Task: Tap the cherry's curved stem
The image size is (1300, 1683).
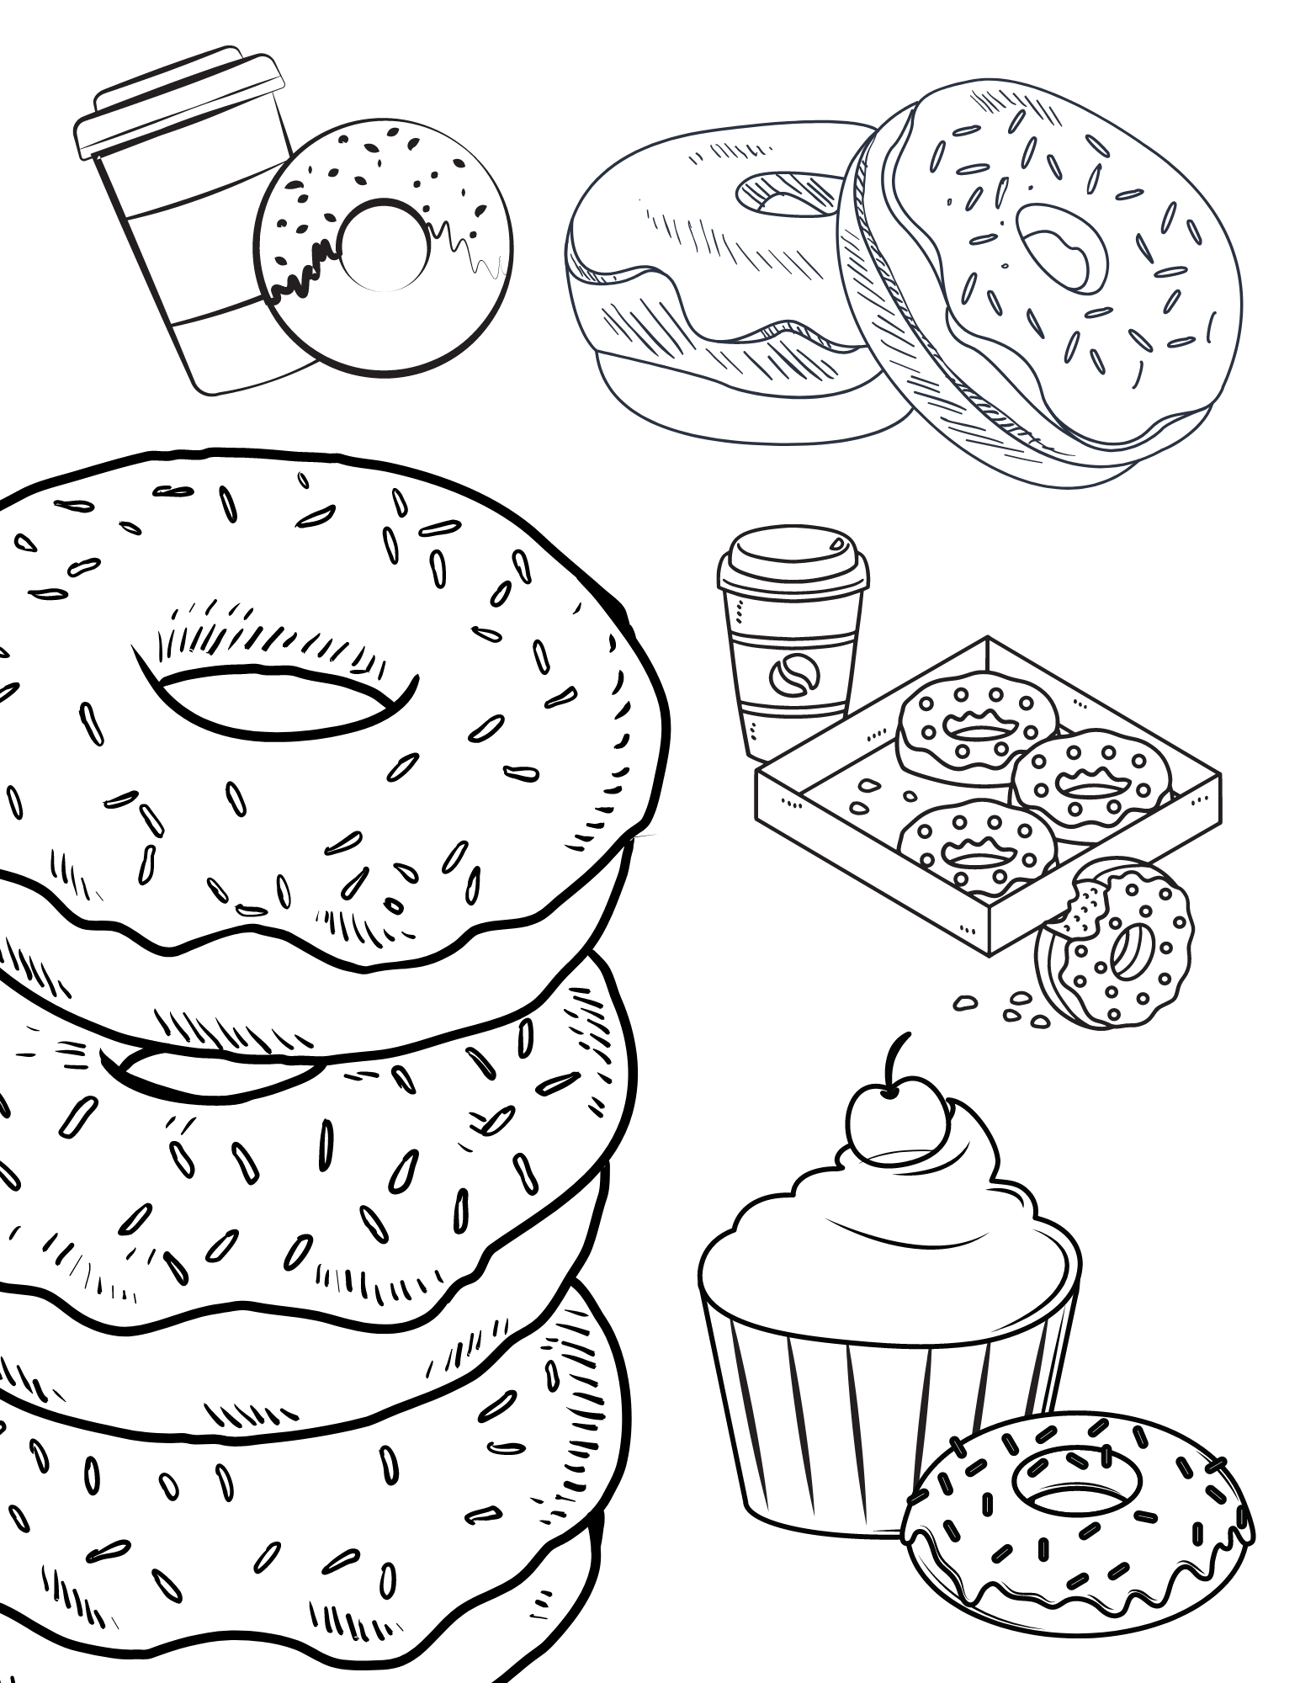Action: (x=899, y=1060)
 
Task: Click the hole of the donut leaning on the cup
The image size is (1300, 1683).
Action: (x=383, y=244)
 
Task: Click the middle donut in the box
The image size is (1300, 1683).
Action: (x=1090, y=778)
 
